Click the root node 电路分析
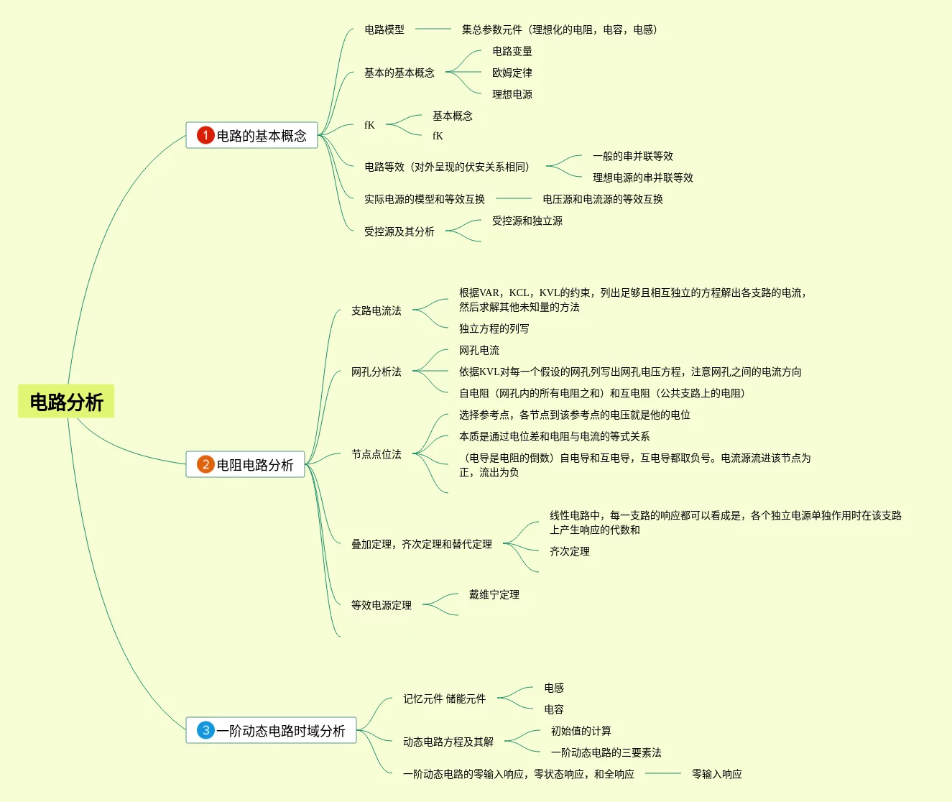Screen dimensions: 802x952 point(66,402)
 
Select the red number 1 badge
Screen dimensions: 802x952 point(205,135)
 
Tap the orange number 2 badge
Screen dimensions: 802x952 point(205,464)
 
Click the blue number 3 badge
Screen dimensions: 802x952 point(205,730)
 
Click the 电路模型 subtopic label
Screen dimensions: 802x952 point(384,29)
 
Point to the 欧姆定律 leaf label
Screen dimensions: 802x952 point(512,73)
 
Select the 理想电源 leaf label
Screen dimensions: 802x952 point(512,94)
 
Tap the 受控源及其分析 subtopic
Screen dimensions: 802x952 point(399,231)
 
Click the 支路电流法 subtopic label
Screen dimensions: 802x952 point(376,310)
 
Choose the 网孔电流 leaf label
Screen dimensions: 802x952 point(479,350)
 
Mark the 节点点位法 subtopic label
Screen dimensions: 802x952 point(376,454)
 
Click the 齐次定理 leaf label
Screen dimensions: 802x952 point(570,551)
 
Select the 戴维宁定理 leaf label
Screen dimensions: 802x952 point(494,594)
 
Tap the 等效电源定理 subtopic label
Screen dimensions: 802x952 point(382,605)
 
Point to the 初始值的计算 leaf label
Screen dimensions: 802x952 point(581,731)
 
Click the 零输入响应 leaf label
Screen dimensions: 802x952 point(717,774)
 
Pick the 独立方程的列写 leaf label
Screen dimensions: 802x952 point(494,328)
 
